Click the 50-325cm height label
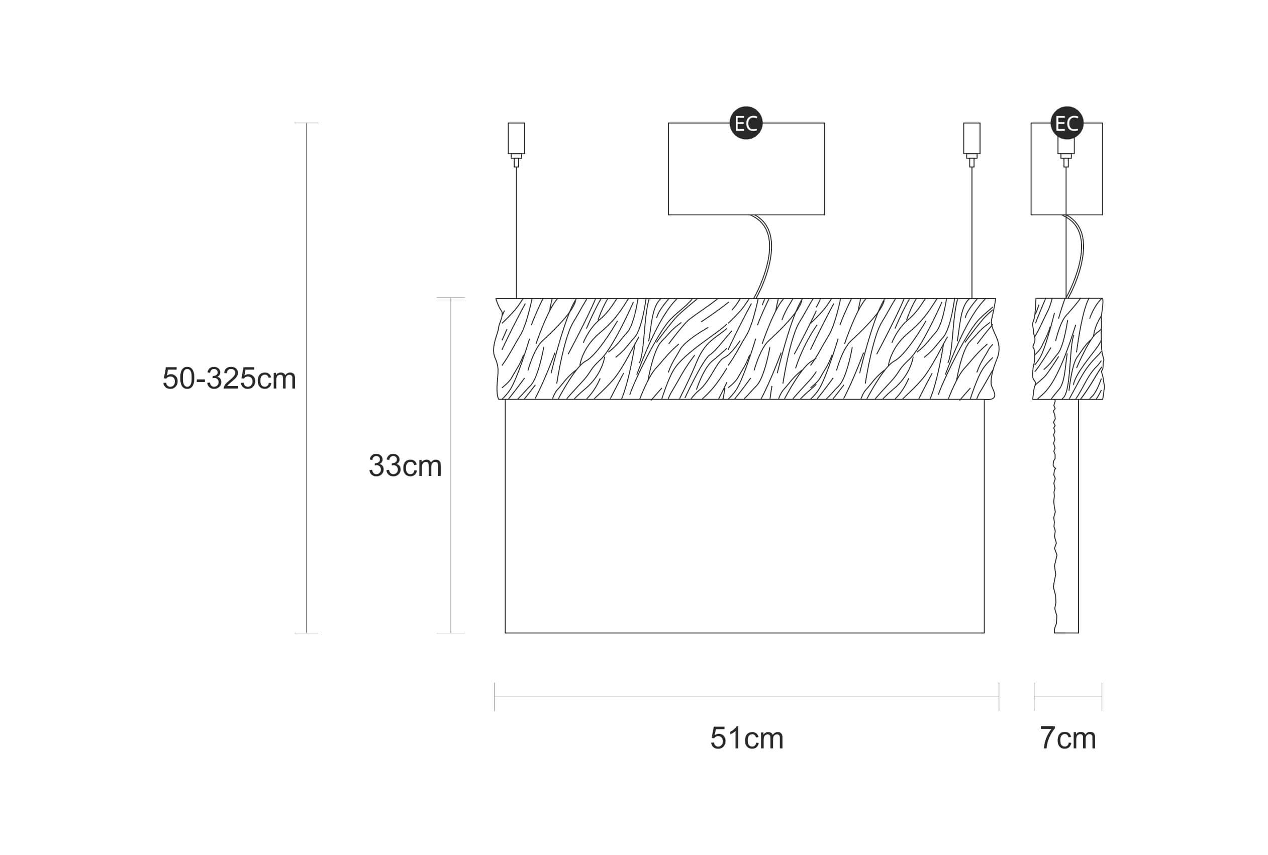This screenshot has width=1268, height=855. click(x=229, y=378)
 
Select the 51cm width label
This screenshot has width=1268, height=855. click(x=746, y=738)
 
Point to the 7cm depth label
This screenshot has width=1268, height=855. click(x=1067, y=738)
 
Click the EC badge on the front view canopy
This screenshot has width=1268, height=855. click(x=746, y=123)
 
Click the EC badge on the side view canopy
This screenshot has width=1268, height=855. click(x=1067, y=123)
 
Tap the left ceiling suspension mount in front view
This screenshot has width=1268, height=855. click(x=516, y=144)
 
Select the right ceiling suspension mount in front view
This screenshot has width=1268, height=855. click(x=971, y=144)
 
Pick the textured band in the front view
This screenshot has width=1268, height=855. click(x=746, y=349)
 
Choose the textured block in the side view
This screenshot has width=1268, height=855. click(x=1068, y=349)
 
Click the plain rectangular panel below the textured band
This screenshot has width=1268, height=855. click(x=745, y=516)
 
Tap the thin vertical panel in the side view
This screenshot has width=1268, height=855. click(x=1066, y=516)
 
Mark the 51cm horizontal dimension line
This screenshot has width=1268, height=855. click(x=746, y=697)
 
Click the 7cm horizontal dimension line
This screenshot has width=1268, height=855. click(x=1068, y=697)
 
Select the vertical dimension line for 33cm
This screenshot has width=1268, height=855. click(x=451, y=465)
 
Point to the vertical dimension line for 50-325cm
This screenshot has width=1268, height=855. click(x=307, y=378)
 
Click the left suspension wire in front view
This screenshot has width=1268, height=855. click(x=516, y=232)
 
